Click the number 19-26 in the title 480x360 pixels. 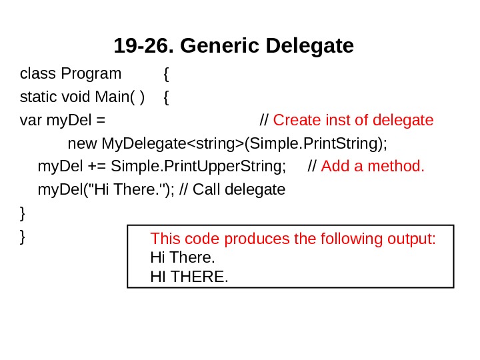click(x=143, y=47)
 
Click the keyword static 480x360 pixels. click(x=35, y=97)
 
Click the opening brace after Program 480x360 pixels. click(x=166, y=73)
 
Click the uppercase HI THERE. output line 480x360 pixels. click(x=189, y=275)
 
